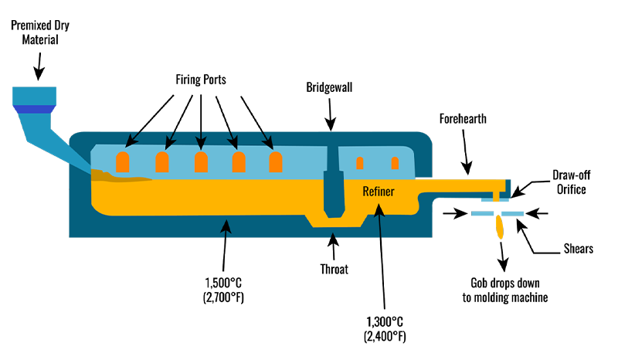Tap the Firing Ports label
coord(201,80)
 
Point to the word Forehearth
coord(464,121)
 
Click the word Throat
coord(334,269)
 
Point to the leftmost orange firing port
coord(122,162)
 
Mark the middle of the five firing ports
coord(201,162)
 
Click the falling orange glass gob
coord(500,226)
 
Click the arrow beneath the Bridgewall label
coord(331,114)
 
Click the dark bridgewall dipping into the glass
coord(333,193)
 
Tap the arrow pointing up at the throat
coord(334,247)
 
